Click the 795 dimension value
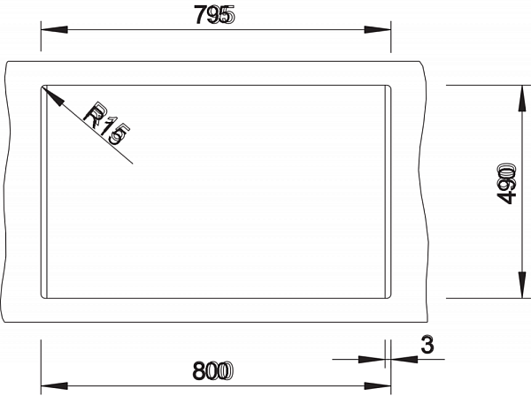pyautogui.click(x=214, y=15)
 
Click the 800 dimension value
pyautogui.click(x=213, y=371)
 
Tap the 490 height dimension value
pyautogui.click(x=507, y=184)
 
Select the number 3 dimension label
pyautogui.click(x=427, y=346)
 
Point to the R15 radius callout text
pyautogui.click(x=107, y=122)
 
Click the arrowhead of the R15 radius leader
pyautogui.click(x=52, y=96)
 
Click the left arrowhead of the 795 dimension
pyautogui.click(x=54, y=30)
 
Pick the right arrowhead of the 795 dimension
pyautogui.click(x=378, y=30)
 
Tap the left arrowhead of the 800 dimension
pyautogui.click(x=54, y=386)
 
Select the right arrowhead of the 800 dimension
pyautogui.click(x=378, y=386)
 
